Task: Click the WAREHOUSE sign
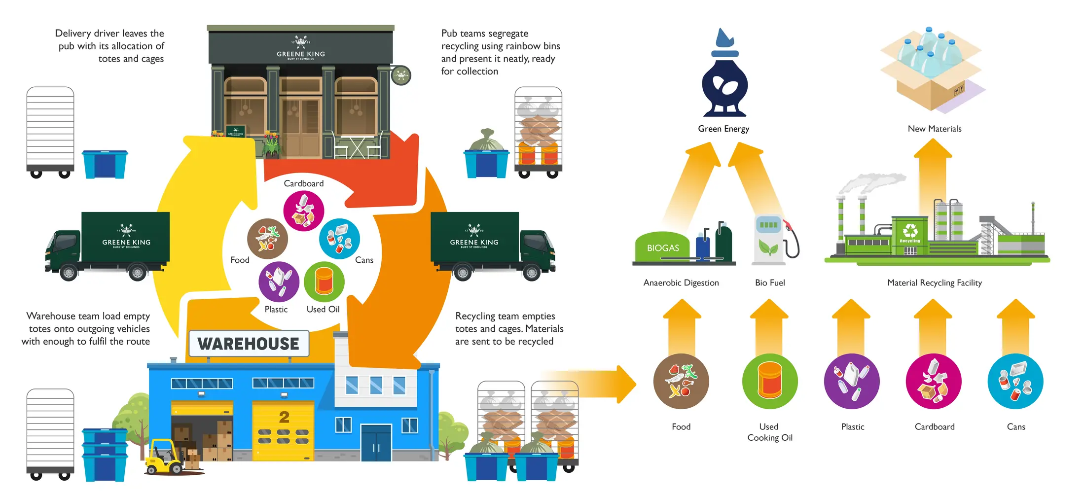pyautogui.click(x=249, y=344)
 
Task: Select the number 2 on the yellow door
pyautogui.click(x=284, y=417)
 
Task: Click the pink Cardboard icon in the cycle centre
pyautogui.click(x=303, y=211)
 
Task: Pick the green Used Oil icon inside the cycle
pyautogui.click(x=324, y=282)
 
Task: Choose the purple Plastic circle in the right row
pyautogui.click(x=852, y=381)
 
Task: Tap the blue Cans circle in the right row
pyautogui.click(x=1015, y=381)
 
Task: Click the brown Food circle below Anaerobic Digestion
pyautogui.click(x=681, y=381)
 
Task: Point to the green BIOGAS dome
pyautogui.click(x=662, y=246)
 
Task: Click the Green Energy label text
pyautogui.click(x=723, y=129)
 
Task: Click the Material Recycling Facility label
pyautogui.click(x=935, y=282)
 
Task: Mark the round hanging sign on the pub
pyautogui.click(x=401, y=75)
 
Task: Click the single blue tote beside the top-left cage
pyautogui.click(x=105, y=164)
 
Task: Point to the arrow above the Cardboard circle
pyautogui.click(x=933, y=325)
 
